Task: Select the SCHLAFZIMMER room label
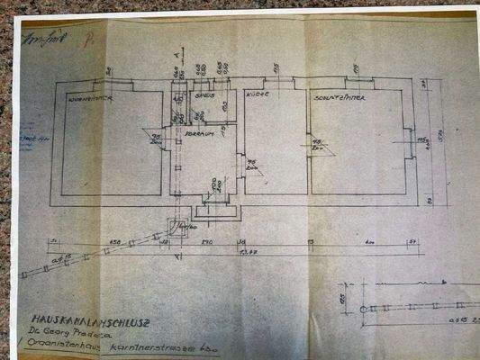pos(338,95)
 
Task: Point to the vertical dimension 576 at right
pos(440,135)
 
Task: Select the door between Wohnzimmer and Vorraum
pos(168,135)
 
